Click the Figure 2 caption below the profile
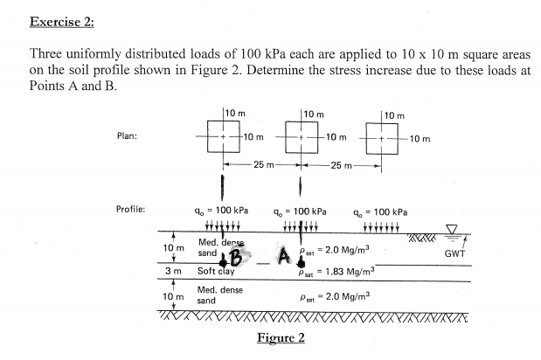pyautogui.click(x=280, y=338)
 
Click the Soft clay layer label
pyautogui.click(x=219, y=271)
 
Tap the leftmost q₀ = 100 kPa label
pyautogui.click(x=224, y=211)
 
